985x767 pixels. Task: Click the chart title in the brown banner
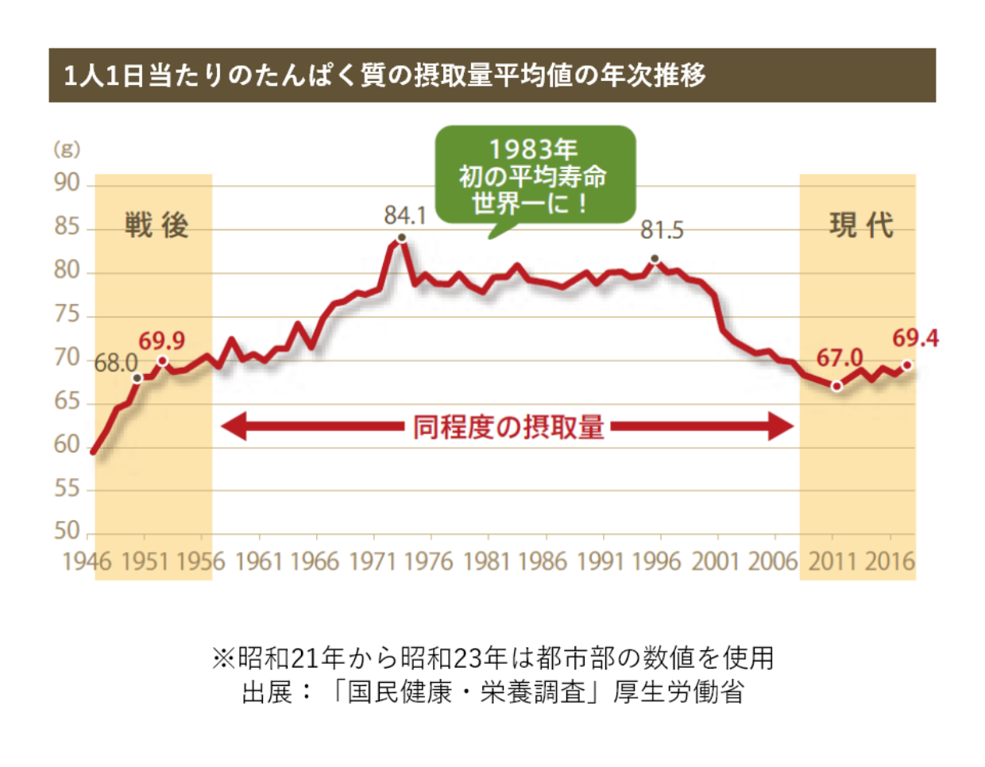(x=384, y=75)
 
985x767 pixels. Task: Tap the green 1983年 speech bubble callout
(x=535, y=176)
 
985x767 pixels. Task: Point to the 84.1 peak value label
(x=405, y=215)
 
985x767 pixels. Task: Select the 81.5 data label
(x=662, y=230)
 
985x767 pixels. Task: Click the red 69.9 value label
(x=161, y=341)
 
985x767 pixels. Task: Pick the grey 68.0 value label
(x=116, y=364)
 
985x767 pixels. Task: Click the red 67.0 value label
(x=840, y=358)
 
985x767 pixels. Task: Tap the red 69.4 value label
(x=915, y=338)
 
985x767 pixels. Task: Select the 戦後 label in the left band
(x=156, y=225)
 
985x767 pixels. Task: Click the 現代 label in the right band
(x=861, y=225)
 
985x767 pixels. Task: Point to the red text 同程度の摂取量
(x=508, y=427)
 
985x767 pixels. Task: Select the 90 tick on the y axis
(x=68, y=183)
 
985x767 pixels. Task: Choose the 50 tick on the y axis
(x=68, y=530)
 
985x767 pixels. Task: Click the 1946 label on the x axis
(x=87, y=561)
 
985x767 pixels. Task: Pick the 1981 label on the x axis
(x=486, y=561)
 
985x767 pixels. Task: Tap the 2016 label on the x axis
(x=890, y=561)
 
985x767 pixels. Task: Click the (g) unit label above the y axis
(x=67, y=149)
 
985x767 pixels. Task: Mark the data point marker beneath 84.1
(x=401, y=237)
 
